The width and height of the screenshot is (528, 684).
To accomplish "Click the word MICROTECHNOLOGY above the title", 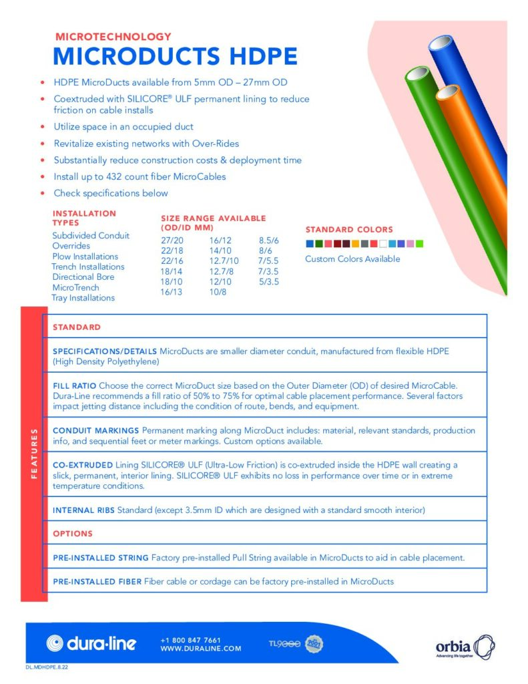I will tap(113, 37).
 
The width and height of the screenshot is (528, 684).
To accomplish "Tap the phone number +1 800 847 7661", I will tap(190, 639).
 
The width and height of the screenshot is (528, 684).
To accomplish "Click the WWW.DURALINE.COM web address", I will tap(200, 649).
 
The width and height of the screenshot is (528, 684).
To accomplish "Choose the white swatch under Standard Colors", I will tap(383, 243).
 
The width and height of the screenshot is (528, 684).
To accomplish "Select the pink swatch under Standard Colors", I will tap(410, 243).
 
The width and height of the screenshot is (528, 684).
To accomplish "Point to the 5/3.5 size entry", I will tap(268, 282).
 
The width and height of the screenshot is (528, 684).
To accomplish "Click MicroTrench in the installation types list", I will tap(75, 287).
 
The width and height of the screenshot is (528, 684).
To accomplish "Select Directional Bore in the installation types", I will tap(83, 277).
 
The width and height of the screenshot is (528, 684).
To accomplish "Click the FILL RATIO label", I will tap(74, 386).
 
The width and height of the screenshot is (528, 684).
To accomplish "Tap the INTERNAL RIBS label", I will tap(83, 511).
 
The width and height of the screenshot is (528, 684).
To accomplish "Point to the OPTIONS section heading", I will tap(73, 534).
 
